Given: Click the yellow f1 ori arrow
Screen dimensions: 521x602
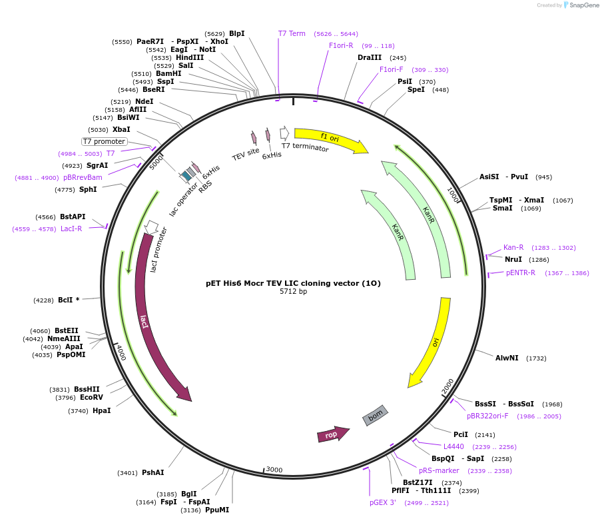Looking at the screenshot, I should (330, 139).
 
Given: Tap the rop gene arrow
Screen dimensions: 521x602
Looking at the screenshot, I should (332, 434).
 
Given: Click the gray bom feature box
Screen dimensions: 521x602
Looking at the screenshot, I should (375, 415).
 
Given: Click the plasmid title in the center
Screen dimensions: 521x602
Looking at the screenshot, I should (293, 283).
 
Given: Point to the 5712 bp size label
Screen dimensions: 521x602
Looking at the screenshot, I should (293, 292).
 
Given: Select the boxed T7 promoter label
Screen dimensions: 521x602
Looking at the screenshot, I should (104, 141).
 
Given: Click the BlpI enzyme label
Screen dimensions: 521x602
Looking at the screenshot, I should (236, 33).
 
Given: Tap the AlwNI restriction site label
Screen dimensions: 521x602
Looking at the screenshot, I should (507, 358).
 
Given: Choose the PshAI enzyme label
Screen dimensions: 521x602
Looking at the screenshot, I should (152, 472).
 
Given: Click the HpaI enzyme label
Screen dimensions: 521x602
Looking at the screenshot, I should (101, 410).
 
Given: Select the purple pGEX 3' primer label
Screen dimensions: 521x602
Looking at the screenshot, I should (383, 502).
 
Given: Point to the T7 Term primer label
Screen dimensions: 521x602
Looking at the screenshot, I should (292, 33).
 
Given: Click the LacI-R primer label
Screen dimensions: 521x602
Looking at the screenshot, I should (71, 229).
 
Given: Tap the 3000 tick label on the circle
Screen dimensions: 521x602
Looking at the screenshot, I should (274, 470).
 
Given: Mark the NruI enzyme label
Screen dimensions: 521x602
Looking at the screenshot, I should (513, 259).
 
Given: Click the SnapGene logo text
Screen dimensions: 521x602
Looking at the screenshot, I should (584, 5).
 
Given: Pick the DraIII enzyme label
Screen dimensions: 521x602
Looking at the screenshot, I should (370, 57).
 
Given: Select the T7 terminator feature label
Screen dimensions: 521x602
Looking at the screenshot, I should (305, 147).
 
